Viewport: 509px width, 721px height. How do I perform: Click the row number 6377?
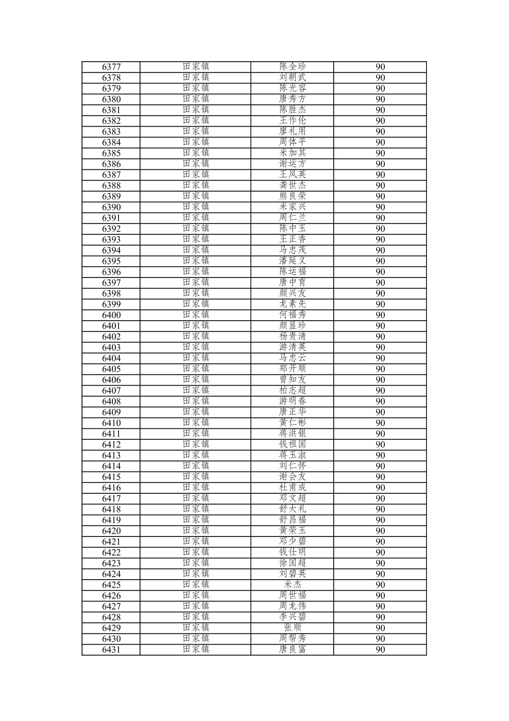click(x=111, y=67)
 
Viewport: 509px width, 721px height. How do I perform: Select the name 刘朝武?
click(x=292, y=77)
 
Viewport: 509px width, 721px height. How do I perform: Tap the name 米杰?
click(x=292, y=584)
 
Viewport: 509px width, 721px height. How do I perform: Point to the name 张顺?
click(x=292, y=628)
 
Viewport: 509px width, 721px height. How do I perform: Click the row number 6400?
click(x=111, y=315)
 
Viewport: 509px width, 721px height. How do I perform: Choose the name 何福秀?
click(x=292, y=315)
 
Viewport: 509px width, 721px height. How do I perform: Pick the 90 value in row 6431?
click(x=380, y=649)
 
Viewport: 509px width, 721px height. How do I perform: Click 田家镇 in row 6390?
click(x=196, y=207)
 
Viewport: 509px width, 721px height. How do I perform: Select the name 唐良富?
click(x=292, y=649)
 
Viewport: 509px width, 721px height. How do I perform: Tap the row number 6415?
click(x=111, y=477)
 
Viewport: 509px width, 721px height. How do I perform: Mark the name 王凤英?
click(x=292, y=175)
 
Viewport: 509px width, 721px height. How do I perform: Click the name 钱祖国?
click(x=292, y=444)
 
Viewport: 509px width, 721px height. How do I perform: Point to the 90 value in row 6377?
click(x=380, y=67)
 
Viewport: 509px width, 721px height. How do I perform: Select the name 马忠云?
click(x=292, y=358)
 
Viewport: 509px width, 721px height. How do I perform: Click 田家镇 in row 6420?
click(x=196, y=531)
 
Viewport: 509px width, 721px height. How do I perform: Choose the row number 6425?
click(x=111, y=584)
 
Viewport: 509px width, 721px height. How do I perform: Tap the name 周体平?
click(x=292, y=142)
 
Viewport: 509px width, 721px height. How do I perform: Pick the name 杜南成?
click(x=292, y=488)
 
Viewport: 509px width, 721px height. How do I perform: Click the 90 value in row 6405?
click(x=380, y=369)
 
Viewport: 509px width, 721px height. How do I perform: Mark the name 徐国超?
click(x=292, y=563)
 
